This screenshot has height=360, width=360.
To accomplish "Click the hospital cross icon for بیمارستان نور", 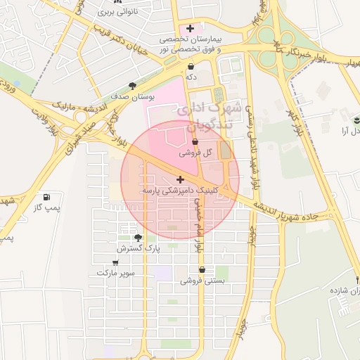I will pos(191,28).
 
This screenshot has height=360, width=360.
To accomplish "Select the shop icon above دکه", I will pos(191,66).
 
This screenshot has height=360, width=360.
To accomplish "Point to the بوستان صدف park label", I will pos(128,97).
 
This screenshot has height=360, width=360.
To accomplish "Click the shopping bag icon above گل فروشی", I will pos(185,141).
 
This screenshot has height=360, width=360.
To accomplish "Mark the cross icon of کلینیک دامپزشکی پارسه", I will pos(181,180).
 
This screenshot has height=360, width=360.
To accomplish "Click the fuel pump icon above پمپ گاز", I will pos(46,198).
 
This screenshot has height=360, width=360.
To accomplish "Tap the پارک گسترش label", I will pos(139,248).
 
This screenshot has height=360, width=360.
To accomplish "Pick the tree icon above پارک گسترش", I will pos(138,238).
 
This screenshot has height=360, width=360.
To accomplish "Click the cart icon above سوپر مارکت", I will pos(115,262).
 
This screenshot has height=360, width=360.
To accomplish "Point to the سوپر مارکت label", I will pos(116,272).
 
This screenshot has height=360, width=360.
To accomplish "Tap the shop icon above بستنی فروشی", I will pos(202,269).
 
